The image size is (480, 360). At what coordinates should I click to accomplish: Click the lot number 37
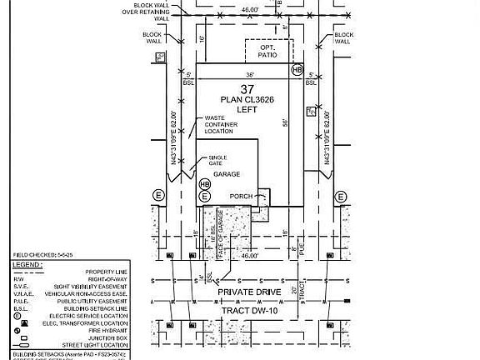[x=247, y=89]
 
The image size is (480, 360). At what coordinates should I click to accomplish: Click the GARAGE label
[x=227, y=174]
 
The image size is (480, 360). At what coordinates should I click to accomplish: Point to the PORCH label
[x=241, y=197]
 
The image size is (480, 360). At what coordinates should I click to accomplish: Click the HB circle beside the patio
[x=297, y=71]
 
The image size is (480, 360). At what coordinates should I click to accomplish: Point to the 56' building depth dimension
[x=284, y=122]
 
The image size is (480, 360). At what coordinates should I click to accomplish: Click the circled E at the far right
[x=341, y=196]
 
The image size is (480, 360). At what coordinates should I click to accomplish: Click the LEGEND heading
[x=22, y=264]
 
